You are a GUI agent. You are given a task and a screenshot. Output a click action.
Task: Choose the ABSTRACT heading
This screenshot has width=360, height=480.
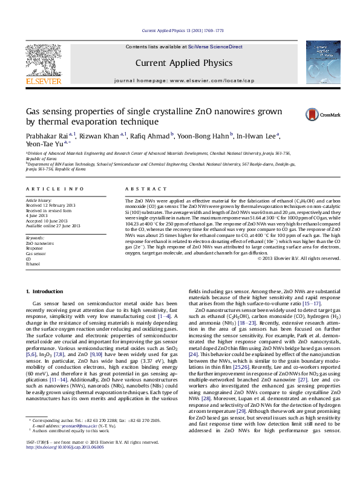[x=140, y=189]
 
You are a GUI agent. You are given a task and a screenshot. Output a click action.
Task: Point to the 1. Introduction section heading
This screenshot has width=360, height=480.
[x=46, y=292]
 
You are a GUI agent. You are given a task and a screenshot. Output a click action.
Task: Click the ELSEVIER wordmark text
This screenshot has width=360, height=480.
[x=43, y=81]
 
